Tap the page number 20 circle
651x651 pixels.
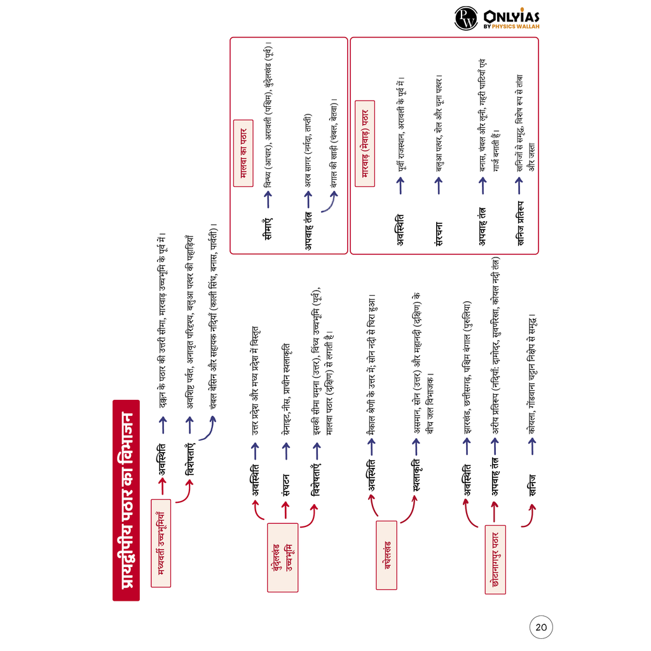point(541,627)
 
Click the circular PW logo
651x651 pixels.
point(466,18)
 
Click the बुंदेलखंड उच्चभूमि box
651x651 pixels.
point(282,558)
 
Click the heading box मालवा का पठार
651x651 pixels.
point(243,153)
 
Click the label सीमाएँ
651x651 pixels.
point(268,228)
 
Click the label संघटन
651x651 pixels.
point(285,481)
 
